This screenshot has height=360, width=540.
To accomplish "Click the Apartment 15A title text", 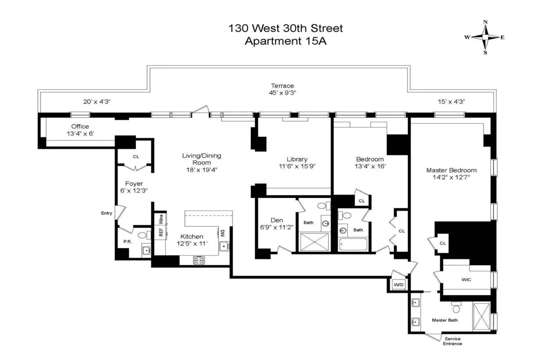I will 286,41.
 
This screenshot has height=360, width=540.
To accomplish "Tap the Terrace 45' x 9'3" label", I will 282,89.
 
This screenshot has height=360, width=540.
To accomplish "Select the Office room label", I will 80,126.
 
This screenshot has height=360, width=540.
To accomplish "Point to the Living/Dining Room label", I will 201,159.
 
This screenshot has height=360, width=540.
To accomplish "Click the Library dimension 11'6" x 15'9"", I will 297,166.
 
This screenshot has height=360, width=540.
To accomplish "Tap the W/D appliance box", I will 398,285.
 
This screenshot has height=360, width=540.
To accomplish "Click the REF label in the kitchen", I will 160,232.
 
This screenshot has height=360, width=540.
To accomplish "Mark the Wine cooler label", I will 161,219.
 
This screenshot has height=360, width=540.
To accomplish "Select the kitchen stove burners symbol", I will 199,260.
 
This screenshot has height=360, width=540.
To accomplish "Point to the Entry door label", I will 107,213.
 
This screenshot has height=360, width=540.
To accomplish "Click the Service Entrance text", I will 452,341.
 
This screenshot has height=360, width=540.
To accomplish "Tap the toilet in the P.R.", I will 142,235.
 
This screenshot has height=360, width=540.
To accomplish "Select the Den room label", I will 276,220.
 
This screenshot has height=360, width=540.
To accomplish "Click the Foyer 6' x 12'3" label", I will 134,187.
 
